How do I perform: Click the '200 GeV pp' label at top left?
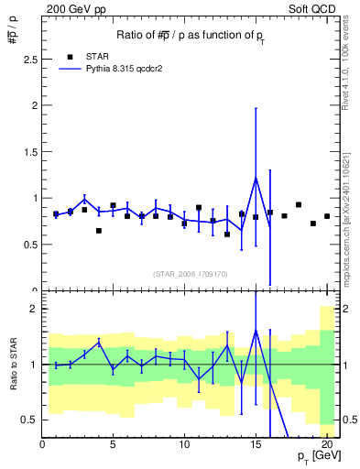coord(72,8)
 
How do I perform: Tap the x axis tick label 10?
coord(184,445)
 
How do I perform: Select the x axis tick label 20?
coord(326,445)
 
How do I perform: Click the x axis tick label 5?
coord(114,445)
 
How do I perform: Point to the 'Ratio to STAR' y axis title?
coord(12,365)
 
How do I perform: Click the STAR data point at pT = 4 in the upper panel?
coord(99,231)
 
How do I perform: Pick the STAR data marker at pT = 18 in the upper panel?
coord(299,205)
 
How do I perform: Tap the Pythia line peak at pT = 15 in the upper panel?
coord(256,177)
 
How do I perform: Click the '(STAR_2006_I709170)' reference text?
coord(191,273)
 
